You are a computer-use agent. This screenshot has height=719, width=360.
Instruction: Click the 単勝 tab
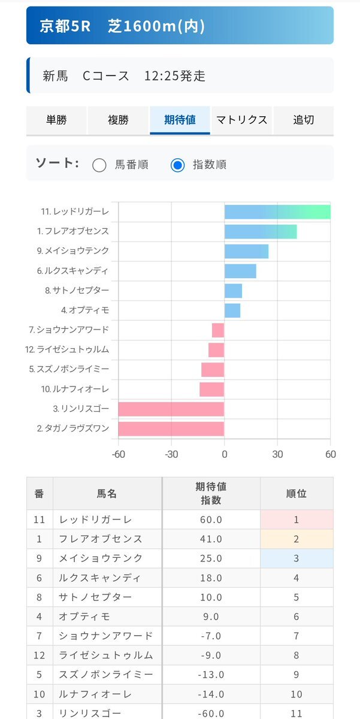coord(57,120)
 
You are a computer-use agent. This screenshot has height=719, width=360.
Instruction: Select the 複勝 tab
coord(118,120)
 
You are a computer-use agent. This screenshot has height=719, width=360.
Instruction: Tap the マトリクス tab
coord(241,120)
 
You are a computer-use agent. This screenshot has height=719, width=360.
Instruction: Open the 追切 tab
coord(303,120)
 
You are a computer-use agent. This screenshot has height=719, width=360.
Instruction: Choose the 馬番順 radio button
coord(99,165)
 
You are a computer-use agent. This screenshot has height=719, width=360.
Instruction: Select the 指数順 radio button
coord(177,165)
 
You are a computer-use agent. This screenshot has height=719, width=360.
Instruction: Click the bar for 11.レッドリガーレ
coord(277,212)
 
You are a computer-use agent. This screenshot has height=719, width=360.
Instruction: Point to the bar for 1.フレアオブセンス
coord(261,232)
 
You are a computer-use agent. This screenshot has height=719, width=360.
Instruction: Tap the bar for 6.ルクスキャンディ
coord(240,271)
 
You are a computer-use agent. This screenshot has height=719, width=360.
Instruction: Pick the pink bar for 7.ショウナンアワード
coord(218,330)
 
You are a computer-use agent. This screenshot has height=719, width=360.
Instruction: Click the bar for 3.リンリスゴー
coord(171,409)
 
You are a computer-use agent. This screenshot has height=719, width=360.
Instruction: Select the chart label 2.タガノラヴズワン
coord(73,428)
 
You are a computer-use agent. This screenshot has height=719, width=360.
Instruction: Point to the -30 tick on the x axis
coord(171,454)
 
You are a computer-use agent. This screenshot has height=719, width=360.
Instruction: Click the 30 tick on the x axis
coord(277,454)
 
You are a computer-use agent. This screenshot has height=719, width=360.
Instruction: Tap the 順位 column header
coord(297,494)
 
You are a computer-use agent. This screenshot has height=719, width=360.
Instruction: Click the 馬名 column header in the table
coord(107,494)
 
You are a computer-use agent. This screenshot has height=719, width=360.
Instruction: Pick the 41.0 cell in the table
coord(211,539)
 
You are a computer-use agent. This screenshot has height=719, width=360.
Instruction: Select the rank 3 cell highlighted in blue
coord(297,558)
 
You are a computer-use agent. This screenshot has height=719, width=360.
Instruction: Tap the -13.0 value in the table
coord(211,675)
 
